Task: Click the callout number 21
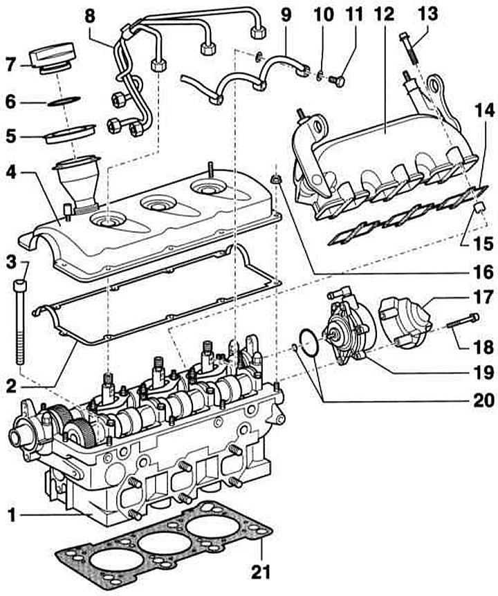coord(260,571)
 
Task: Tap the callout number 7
coord(10,64)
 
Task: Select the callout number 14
coord(484,111)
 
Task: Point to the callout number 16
coord(483,272)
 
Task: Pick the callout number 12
coord(384,15)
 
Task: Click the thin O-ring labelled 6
coord(64,100)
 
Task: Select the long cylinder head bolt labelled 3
coord(20,322)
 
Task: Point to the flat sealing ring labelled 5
coord(71,133)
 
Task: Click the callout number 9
coord(286,15)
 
